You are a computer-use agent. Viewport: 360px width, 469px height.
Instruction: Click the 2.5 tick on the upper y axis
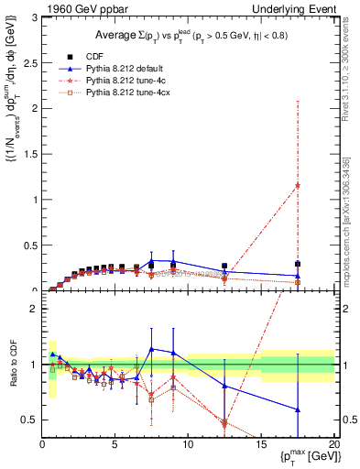[x=29, y=63]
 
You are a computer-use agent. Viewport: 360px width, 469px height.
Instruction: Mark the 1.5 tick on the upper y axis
[x=29, y=154]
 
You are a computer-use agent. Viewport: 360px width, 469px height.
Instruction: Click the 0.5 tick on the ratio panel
[x=29, y=420]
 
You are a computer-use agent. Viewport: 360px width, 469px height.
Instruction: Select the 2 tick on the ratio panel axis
[x=33, y=309]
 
